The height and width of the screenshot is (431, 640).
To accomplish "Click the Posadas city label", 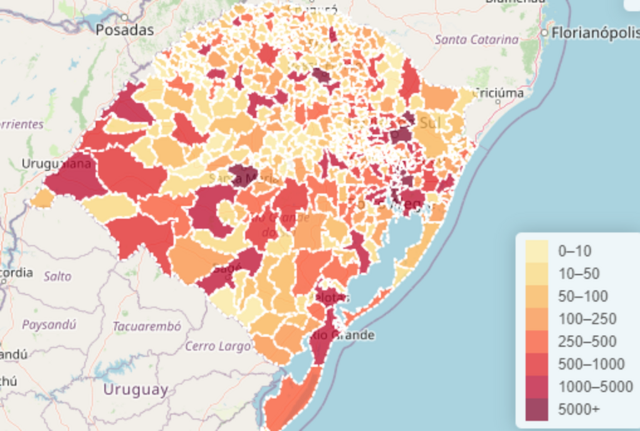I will tap(124, 29).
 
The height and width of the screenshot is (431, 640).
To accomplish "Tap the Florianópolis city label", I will tap(594, 32).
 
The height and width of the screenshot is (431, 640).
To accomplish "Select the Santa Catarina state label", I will tap(477, 39).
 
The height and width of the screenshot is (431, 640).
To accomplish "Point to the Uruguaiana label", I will tap(56, 164).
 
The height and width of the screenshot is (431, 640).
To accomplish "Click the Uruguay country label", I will tap(136, 390).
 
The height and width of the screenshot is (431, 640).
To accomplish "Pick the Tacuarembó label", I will tap(147, 326).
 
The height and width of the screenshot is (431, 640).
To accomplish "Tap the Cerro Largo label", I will tap(217, 345).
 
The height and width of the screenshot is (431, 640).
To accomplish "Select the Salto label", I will tap(57, 275).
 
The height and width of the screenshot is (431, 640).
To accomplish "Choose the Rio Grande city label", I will tap(342, 335).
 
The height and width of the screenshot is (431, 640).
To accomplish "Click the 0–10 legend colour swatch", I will tap(537, 251).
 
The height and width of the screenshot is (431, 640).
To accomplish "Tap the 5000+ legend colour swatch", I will tap(537, 410).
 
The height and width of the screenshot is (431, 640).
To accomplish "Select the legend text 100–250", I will tap(587, 319).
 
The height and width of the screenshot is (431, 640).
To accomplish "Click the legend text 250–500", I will tap(587, 342).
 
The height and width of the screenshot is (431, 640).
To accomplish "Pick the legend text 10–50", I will tap(578, 274).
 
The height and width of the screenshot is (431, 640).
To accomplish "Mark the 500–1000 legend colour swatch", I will tap(537, 364).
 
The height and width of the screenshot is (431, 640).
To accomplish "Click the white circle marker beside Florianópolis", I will tap(545, 32).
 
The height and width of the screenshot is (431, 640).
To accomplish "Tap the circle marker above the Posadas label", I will tap(125, 17).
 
